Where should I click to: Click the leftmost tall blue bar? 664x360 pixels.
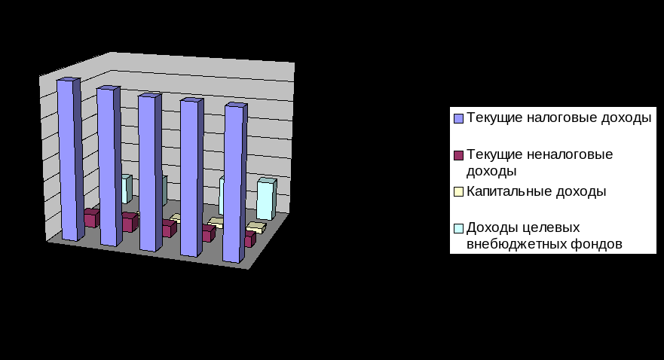[x=67, y=158]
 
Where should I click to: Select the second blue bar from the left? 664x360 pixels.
[x=107, y=166]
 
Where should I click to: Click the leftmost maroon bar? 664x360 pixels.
[x=91, y=218]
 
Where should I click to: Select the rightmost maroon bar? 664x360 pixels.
[x=249, y=239]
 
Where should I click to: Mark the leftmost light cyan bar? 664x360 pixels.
[x=127, y=188]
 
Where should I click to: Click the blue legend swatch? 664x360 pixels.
[x=457, y=119]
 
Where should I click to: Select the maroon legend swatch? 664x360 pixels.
[x=457, y=155]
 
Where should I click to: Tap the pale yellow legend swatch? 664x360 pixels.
[x=457, y=192]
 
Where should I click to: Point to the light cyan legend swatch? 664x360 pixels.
[x=457, y=228]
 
